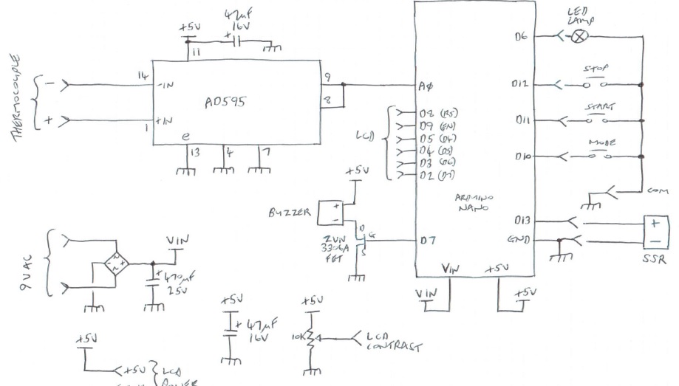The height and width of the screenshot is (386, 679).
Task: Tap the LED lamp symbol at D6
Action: tap(582, 35)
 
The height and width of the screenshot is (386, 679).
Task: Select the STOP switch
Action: tap(596, 83)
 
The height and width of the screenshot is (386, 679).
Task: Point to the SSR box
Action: tap(655, 231)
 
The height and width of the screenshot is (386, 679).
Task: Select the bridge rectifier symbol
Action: tap(116, 263)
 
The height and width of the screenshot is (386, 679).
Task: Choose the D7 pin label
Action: tap(424, 241)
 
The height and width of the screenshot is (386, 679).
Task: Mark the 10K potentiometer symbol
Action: tap(311, 337)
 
